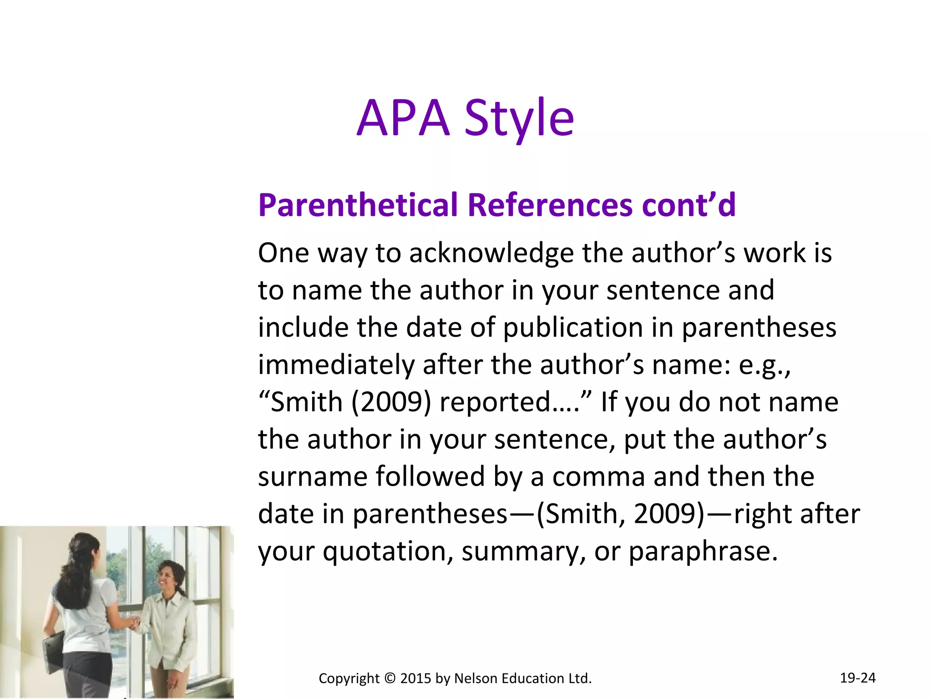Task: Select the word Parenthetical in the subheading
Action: (x=358, y=205)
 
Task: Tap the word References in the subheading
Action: (x=550, y=205)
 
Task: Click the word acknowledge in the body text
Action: (x=491, y=253)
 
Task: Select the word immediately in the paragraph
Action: (x=336, y=365)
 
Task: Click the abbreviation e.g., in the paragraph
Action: (x=765, y=365)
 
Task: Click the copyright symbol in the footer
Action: (x=390, y=679)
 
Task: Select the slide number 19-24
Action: (x=857, y=678)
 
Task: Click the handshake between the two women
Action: (x=133, y=623)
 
